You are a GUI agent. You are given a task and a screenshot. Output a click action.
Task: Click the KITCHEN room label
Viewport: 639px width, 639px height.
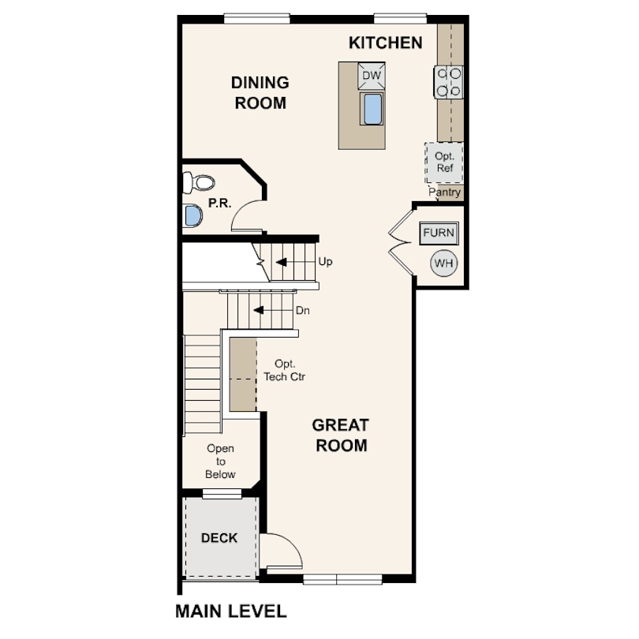pyautogui.click(x=386, y=43)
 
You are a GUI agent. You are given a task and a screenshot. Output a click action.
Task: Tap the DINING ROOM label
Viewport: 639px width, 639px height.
pyautogui.click(x=260, y=93)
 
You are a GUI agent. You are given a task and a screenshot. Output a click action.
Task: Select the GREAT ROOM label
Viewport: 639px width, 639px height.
pyautogui.click(x=341, y=435)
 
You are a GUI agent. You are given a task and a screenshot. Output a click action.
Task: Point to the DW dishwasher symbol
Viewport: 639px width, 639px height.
pyautogui.click(x=372, y=76)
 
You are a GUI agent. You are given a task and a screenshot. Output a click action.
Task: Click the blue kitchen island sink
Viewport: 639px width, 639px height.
pyautogui.click(x=372, y=109)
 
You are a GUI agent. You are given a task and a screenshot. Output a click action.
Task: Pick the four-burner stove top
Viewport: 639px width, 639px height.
pyautogui.click(x=448, y=82)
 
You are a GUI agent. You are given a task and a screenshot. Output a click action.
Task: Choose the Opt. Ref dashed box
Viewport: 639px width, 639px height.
pyautogui.click(x=444, y=163)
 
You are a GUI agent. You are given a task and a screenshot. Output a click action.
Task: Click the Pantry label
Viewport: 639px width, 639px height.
pyautogui.click(x=445, y=192)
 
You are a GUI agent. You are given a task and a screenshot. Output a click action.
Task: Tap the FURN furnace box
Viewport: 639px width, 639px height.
pyautogui.click(x=439, y=233)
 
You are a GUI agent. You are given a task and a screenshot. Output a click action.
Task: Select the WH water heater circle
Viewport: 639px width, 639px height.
pyautogui.click(x=444, y=263)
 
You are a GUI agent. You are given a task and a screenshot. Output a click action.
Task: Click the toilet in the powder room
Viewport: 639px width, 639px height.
pyautogui.click(x=198, y=182)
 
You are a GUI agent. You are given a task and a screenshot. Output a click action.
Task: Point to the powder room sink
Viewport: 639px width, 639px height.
pyautogui.click(x=192, y=215)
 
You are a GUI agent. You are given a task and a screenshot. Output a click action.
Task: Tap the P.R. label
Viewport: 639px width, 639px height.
pyautogui.click(x=219, y=203)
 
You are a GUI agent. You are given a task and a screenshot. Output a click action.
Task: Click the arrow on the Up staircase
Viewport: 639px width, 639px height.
pyautogui.click(x=281, y=262)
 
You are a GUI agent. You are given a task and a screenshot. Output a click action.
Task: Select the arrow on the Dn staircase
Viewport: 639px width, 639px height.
pyautogui.click(x=259, y=311)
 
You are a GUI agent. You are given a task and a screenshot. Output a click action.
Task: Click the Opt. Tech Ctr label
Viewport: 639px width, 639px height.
pyautogui.click(x=284, y=370)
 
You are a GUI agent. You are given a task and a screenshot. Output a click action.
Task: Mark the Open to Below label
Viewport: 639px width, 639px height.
pyautogui.click(x=220, y=461)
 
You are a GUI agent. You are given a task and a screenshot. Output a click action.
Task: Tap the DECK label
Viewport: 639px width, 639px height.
pyautogui.click(x=219, y=538)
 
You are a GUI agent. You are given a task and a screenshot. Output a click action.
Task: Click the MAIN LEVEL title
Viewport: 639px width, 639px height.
pyautogui.click(x=231, y=611)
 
